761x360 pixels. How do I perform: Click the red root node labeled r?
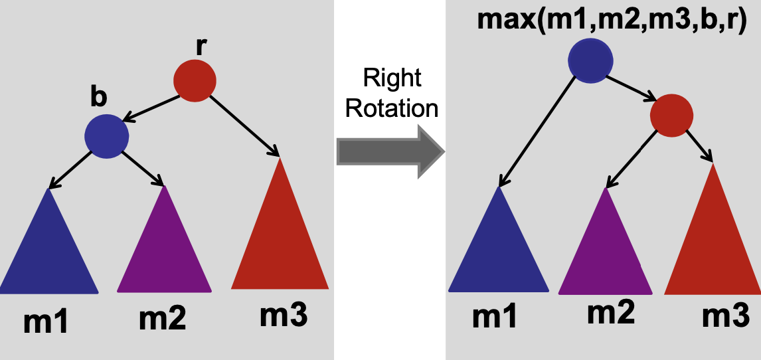195,81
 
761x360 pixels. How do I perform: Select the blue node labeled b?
106,137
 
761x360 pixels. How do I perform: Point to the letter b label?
98,97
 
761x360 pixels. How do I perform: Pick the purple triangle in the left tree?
164,249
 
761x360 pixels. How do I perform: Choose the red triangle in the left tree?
280,236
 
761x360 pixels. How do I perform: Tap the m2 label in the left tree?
163,319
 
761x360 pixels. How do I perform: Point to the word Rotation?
392,108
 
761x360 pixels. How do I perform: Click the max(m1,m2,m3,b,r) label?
613,21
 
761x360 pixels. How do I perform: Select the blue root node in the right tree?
590,62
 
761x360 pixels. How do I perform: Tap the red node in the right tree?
671,116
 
